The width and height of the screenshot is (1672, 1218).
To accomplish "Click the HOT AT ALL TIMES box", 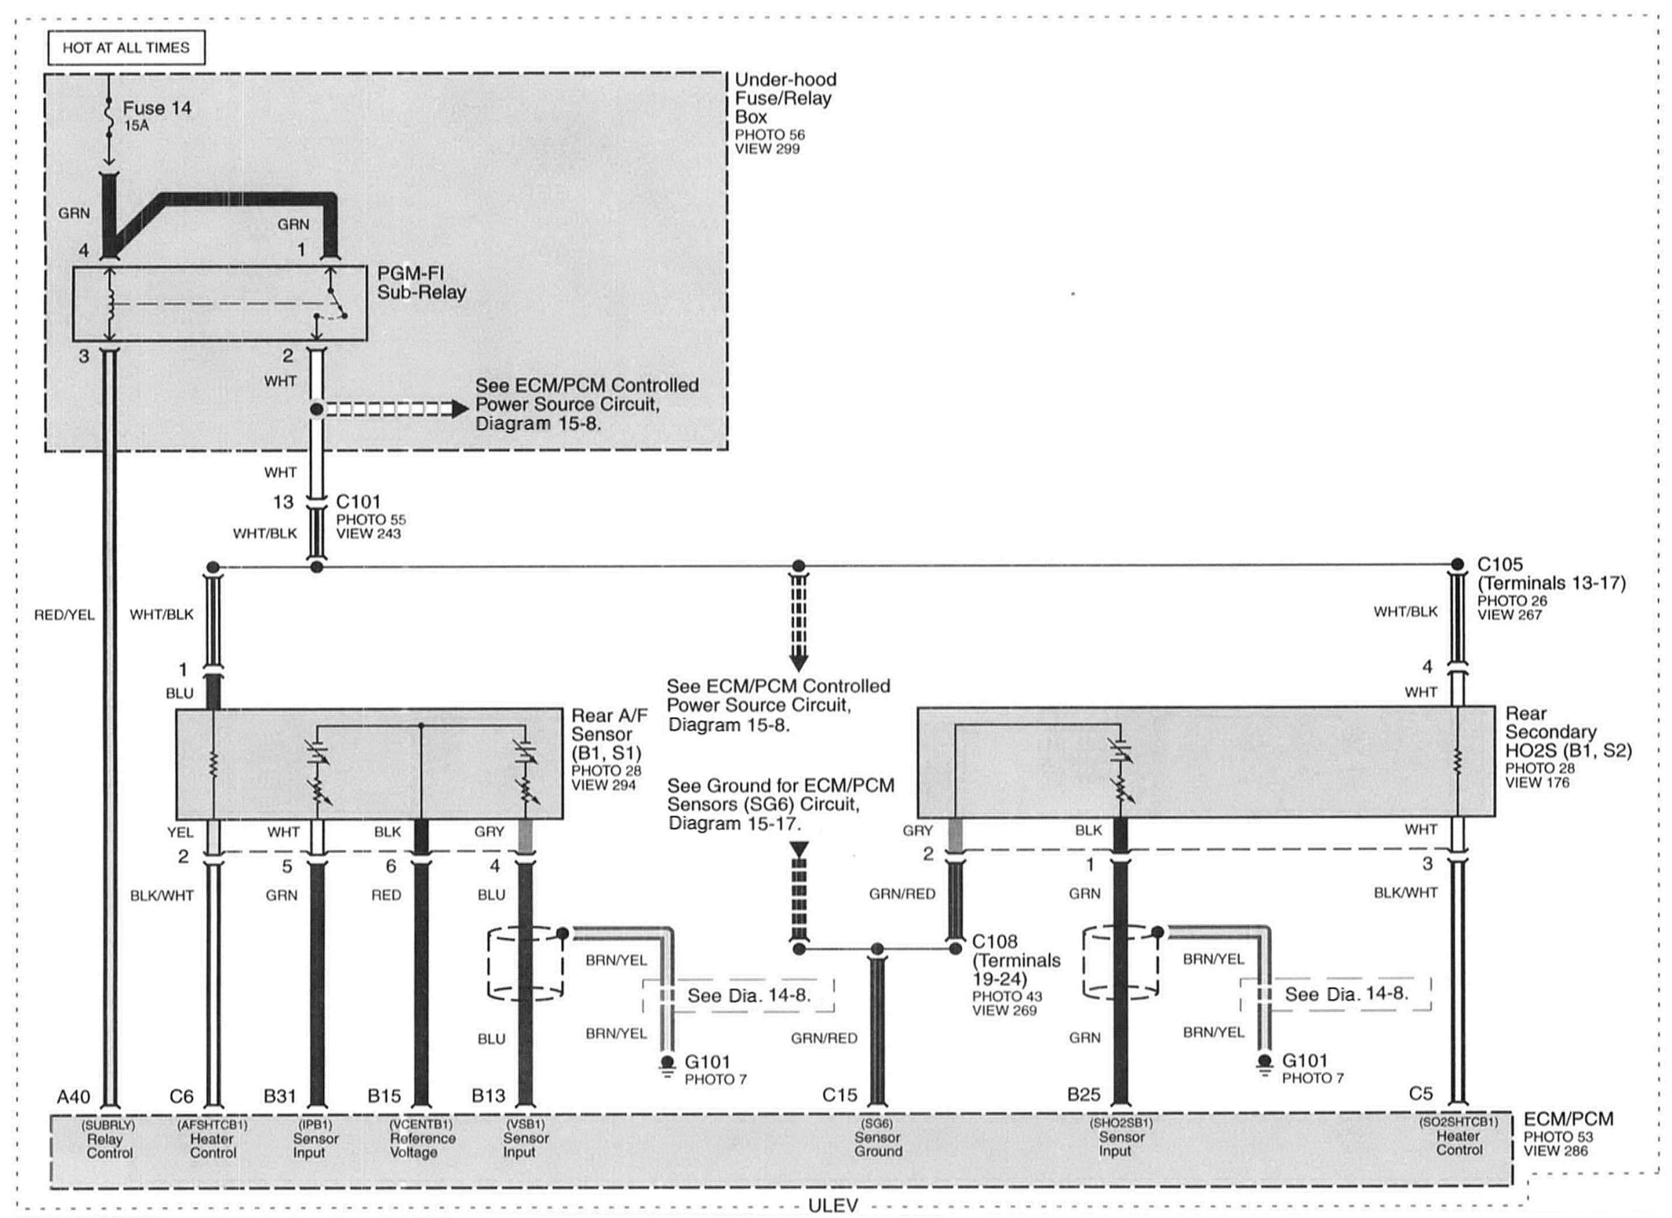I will [x=126, y=48].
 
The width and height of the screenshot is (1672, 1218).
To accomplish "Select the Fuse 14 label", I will [x=157, y=109].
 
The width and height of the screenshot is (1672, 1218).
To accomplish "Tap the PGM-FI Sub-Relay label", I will [x=421, y=283].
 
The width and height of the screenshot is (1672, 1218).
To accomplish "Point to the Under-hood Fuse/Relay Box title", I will [x=785, y=98].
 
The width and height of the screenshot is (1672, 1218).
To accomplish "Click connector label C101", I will [x=358, y=502].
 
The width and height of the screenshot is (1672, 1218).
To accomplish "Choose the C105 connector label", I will [x=1500, y=565].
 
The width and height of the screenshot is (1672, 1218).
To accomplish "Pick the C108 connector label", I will [x=994, y=941].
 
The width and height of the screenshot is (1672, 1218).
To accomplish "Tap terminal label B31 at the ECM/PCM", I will [x=280, y=1096].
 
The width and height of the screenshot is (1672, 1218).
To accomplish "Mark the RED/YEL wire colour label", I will [x=64, y=615].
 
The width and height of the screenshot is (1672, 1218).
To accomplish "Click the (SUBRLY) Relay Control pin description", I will [x=109, y=1139].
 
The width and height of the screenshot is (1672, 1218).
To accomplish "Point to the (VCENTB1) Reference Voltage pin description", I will [x=421, y=1139].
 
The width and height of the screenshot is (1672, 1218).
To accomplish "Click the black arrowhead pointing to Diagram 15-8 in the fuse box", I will [x=460, y=409].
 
